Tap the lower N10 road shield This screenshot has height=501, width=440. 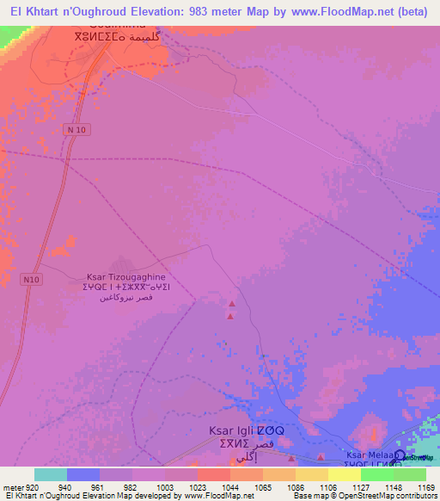32,280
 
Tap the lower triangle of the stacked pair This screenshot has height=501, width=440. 230,317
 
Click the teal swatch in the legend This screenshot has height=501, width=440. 50,474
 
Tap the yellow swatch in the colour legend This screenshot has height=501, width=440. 344,474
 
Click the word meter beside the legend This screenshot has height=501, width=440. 13,486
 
